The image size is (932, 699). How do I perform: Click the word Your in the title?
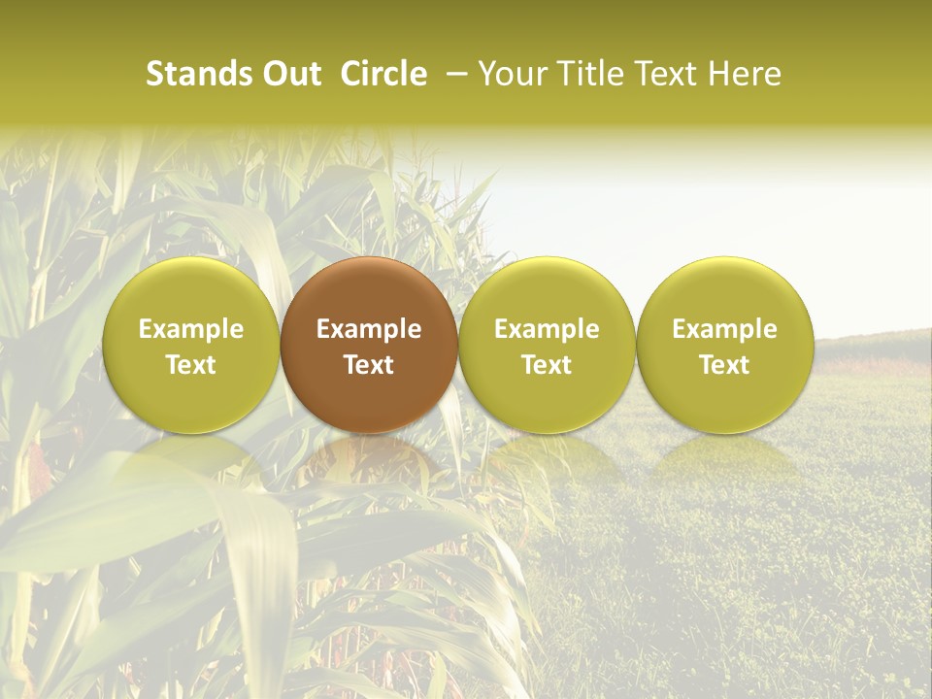[513, 74]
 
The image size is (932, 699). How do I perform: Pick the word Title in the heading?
[587, 74]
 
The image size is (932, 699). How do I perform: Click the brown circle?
[369, 345]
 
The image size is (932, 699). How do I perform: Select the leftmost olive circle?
[191, 345]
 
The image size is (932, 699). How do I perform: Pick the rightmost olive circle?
[725, 345]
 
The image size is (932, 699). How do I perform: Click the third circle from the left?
[547, 345]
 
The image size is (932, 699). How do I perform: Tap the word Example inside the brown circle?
[369, 329]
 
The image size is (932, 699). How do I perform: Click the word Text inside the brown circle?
[369, 365]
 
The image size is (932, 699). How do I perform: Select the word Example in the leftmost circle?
[191, 329]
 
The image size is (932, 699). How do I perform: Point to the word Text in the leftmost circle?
[191, 365]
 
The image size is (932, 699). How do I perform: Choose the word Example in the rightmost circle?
[725, 329]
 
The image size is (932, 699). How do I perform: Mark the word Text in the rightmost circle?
[725, 365]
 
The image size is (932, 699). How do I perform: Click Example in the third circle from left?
[547, 329]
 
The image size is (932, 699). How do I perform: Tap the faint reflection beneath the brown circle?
[369, 461]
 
